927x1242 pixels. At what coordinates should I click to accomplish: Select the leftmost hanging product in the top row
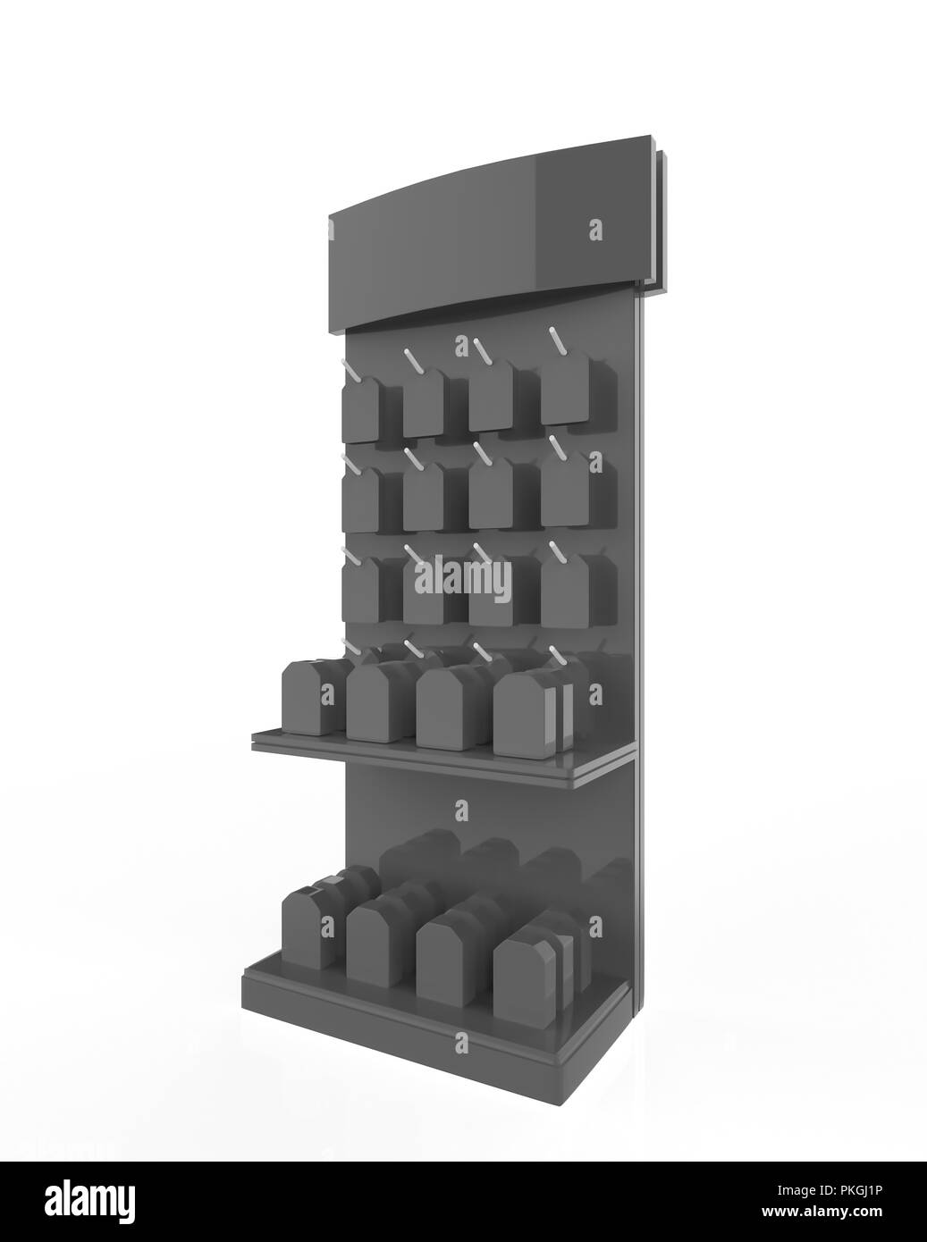pyautogui.click(x=359, y=409)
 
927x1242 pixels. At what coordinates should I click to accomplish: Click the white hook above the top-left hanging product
pyautogui.click(x=350, y=368)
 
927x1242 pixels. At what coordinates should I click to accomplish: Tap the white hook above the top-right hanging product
pyautogui.click(x=557, y=343)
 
